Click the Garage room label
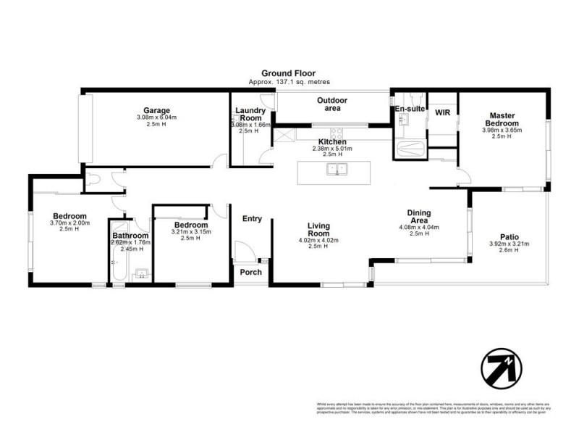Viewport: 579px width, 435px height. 156,111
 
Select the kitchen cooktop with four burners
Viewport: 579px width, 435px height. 337,133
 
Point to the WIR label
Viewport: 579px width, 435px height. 442,112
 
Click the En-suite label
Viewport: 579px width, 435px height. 408,109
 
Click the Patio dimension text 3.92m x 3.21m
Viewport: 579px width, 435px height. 510,244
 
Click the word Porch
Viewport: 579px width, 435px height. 251,273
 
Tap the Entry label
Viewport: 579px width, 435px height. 252,219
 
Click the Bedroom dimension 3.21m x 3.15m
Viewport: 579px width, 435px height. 190,232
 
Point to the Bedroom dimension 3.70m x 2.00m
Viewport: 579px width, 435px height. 70,223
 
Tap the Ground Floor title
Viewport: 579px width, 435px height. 289,74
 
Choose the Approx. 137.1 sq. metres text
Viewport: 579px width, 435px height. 289,83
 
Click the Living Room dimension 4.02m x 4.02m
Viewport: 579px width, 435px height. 318,241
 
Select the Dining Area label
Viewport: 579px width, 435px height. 419,216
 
